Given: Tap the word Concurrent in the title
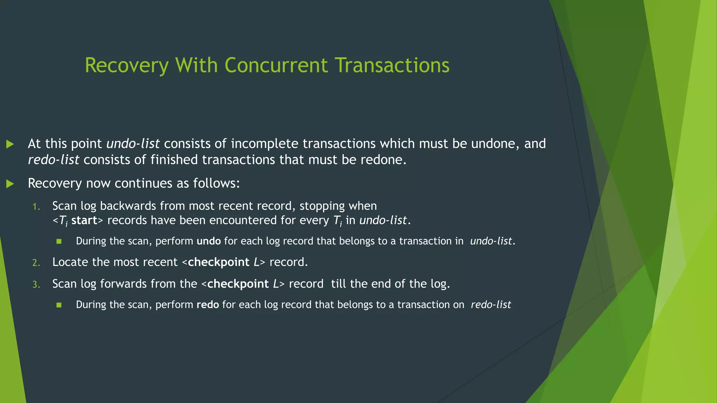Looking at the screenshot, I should click(x=276, y=66).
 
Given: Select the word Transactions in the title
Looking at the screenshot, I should click(x=392, y=66).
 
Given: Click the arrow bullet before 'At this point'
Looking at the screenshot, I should click(x=10, y=144).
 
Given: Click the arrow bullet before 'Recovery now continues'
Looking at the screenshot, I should click(x=10, y=184).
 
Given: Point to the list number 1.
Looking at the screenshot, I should click(x=36, y=207).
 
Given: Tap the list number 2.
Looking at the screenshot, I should click(x=36, y=263).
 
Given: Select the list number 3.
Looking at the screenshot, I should click(x=36, y=284).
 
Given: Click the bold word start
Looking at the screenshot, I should click(x=84, y=220).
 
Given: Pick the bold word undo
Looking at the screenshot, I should click(x=209, y=241).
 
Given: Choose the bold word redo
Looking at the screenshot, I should click(x=208, y=305).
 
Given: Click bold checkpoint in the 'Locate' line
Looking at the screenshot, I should click(x=218, y=262).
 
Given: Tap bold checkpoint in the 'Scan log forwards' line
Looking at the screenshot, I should click(x=238, y=284).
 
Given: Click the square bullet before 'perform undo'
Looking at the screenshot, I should click(x=59, y=241).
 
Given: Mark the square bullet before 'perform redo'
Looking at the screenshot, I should click(x=59, y=305).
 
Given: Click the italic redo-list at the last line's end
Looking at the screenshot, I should click(x=491, y=305).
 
